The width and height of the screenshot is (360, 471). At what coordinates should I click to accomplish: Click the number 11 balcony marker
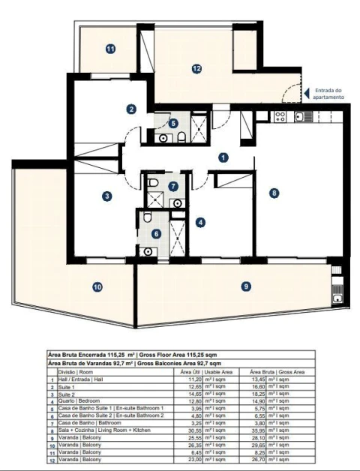(111, 49)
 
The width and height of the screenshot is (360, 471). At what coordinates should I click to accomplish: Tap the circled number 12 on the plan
(196, 68)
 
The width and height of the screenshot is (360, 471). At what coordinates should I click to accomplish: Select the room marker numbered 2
(131, 109)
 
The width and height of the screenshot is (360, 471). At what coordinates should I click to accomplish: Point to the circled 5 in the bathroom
(173, 123)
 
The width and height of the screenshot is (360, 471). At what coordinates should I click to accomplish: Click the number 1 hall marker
(222, 157)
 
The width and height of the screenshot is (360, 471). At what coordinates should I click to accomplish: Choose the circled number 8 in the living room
(274, 193)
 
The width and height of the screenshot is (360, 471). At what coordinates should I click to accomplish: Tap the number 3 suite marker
(108, 196)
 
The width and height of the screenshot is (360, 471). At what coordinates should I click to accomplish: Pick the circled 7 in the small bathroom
(173, 186)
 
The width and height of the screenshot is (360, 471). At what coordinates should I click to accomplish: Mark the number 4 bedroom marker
(200, 222)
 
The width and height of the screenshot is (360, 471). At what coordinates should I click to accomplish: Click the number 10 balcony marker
(97, 286)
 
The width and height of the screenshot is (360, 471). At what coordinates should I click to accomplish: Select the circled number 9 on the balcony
(246, 286)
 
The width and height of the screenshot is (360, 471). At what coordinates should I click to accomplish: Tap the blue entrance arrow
(306, 93)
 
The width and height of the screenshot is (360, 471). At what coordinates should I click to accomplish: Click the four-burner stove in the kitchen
(280, 116)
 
